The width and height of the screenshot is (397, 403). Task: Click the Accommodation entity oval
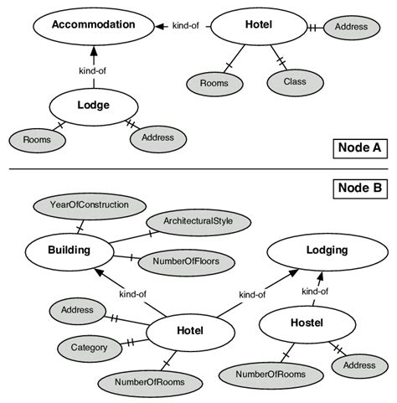[93, 25]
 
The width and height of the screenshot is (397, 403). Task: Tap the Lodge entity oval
[94, 106]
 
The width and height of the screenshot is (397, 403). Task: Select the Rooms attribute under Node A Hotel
[214, 82]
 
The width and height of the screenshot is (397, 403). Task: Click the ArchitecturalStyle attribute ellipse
[198, 221]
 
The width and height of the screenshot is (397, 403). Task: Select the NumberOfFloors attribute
[187, 261]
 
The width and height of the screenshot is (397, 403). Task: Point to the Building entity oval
[69, 250]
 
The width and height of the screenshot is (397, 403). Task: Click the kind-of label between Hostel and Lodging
[314, 292]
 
